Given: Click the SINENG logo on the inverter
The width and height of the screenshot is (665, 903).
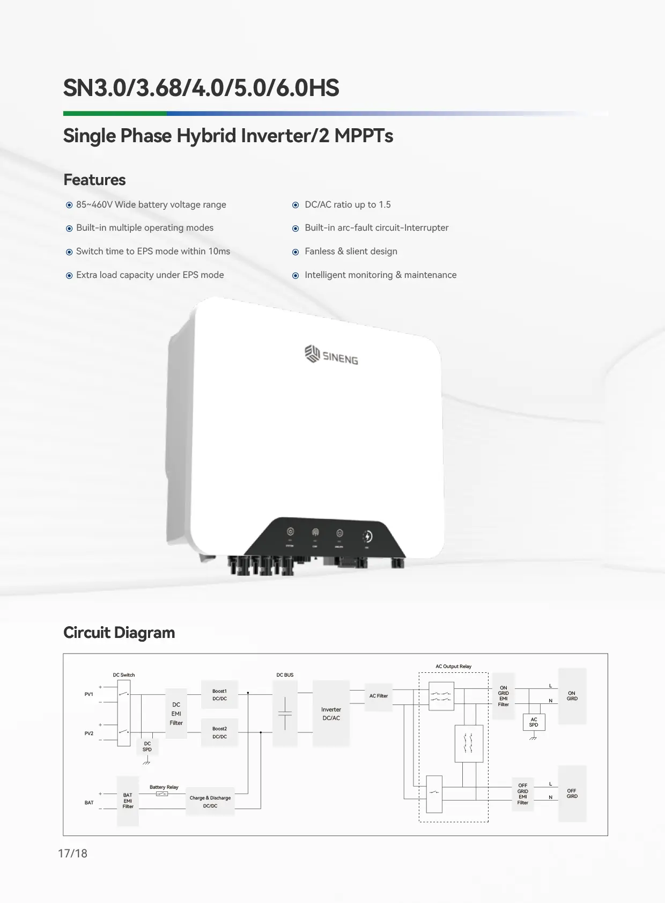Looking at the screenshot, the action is tap(331, 355).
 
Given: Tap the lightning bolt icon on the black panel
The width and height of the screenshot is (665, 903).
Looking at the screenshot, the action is tap(367, 536).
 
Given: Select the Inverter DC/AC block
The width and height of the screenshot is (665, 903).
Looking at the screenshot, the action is tap(331, 713).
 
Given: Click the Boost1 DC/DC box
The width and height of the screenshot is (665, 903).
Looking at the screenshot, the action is tap(219, 695).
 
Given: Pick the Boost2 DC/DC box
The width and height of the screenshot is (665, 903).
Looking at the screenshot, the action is tap(219, 732).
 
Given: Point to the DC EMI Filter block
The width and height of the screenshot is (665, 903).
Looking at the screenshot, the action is tap(176, 714).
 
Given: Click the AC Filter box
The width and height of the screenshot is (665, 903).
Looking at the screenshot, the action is tap(378, 696).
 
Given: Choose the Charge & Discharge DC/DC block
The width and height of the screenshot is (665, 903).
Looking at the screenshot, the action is tap(210, 802).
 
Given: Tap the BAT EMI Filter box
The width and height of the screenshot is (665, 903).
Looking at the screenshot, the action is tap(128, 801).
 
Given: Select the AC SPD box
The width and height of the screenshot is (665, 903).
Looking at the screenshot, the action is tap(534, 722).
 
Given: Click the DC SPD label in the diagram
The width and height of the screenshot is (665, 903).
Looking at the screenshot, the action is tap(147, 746).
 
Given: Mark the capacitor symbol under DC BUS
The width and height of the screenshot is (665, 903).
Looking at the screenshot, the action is tap(285, 714).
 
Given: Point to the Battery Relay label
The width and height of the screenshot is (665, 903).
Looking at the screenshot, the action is tap(164, 787).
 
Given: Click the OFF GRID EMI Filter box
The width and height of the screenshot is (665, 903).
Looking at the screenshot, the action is tap(522, 794).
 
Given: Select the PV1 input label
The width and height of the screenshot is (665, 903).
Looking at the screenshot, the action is tap(89, 694).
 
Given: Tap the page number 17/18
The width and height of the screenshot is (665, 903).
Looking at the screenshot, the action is tap(72, 854).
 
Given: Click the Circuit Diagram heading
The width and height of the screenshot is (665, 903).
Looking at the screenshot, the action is tap(119, 633).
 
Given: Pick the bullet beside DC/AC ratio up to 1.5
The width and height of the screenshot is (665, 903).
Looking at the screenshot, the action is tap(295, 205).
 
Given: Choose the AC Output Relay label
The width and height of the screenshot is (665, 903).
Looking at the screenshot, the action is tap(453, 666).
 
